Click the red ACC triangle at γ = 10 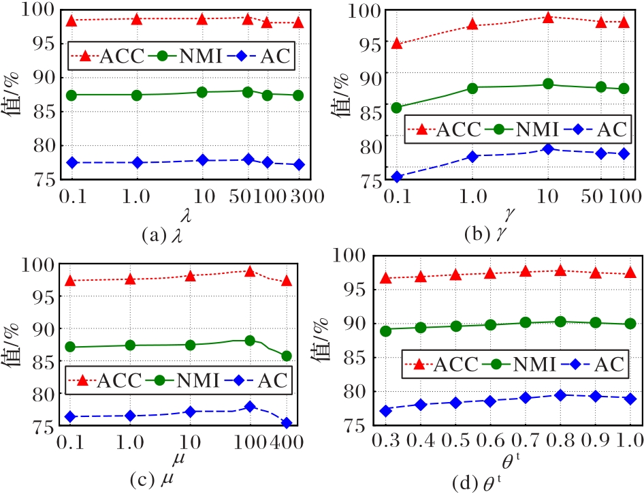coord(547,17)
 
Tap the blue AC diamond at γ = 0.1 coord(396,177)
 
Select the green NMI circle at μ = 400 coord(287,356)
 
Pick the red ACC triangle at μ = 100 coord(250,271)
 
